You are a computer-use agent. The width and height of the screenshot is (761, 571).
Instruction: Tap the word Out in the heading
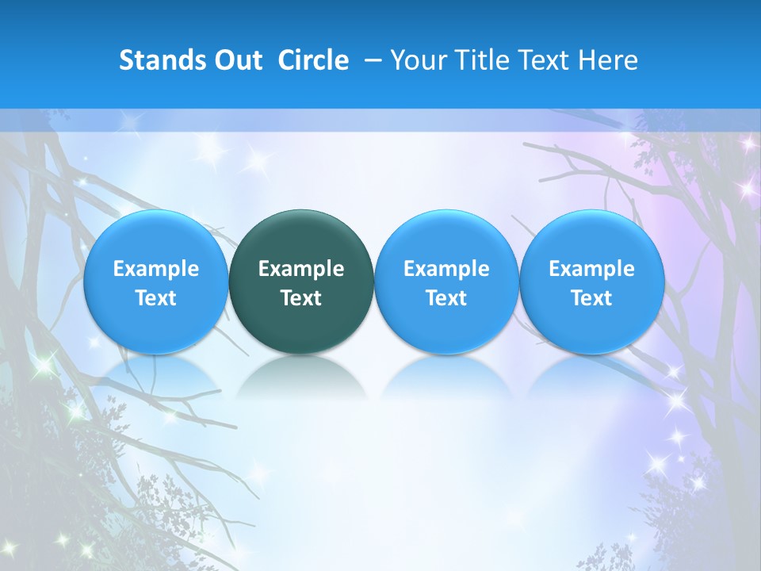click(235, 60)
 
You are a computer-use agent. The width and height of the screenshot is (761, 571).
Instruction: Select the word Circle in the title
click(313, 60)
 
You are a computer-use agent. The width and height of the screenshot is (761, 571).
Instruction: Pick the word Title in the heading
click(480, 60)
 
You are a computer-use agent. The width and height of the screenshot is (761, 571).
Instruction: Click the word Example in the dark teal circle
click(301, 269)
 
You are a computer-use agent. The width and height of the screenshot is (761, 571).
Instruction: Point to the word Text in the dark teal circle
click(301, 298)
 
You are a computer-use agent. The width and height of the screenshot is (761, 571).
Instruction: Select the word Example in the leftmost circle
click(155, 269)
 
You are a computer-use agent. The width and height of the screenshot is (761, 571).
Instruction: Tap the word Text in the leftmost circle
click(155, 298)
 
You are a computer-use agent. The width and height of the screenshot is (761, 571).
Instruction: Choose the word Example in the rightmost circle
click(591, 269)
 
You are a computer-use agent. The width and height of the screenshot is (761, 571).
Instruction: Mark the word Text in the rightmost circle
click(591, 298)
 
